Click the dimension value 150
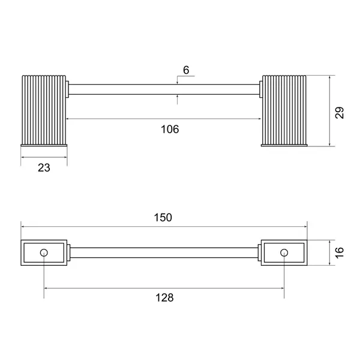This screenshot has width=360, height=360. tap(163, 217)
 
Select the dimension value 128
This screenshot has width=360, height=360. tap(164, 298)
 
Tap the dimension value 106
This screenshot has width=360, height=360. tap(170, 129)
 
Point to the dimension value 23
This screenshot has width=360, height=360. tap(44, 167)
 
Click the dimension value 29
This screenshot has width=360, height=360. tap(340, 113)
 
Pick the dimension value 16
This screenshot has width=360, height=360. tap(340, 253)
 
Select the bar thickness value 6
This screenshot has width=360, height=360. tap(186, 70)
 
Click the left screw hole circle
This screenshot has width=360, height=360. tap(44, 253)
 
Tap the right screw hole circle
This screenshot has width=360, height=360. tap(284, 253)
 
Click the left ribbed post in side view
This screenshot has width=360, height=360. tap(44, 110)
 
